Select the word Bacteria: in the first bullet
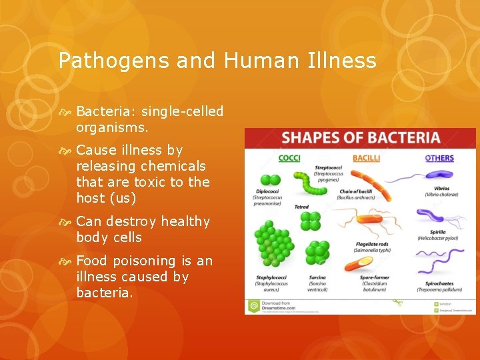click(106, 111)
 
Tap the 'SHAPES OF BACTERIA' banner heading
click(361, 139)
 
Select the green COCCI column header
click(289, 158)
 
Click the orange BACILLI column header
click(366, 158)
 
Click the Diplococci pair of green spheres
click(270, 180)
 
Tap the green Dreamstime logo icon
click(254, 307)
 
